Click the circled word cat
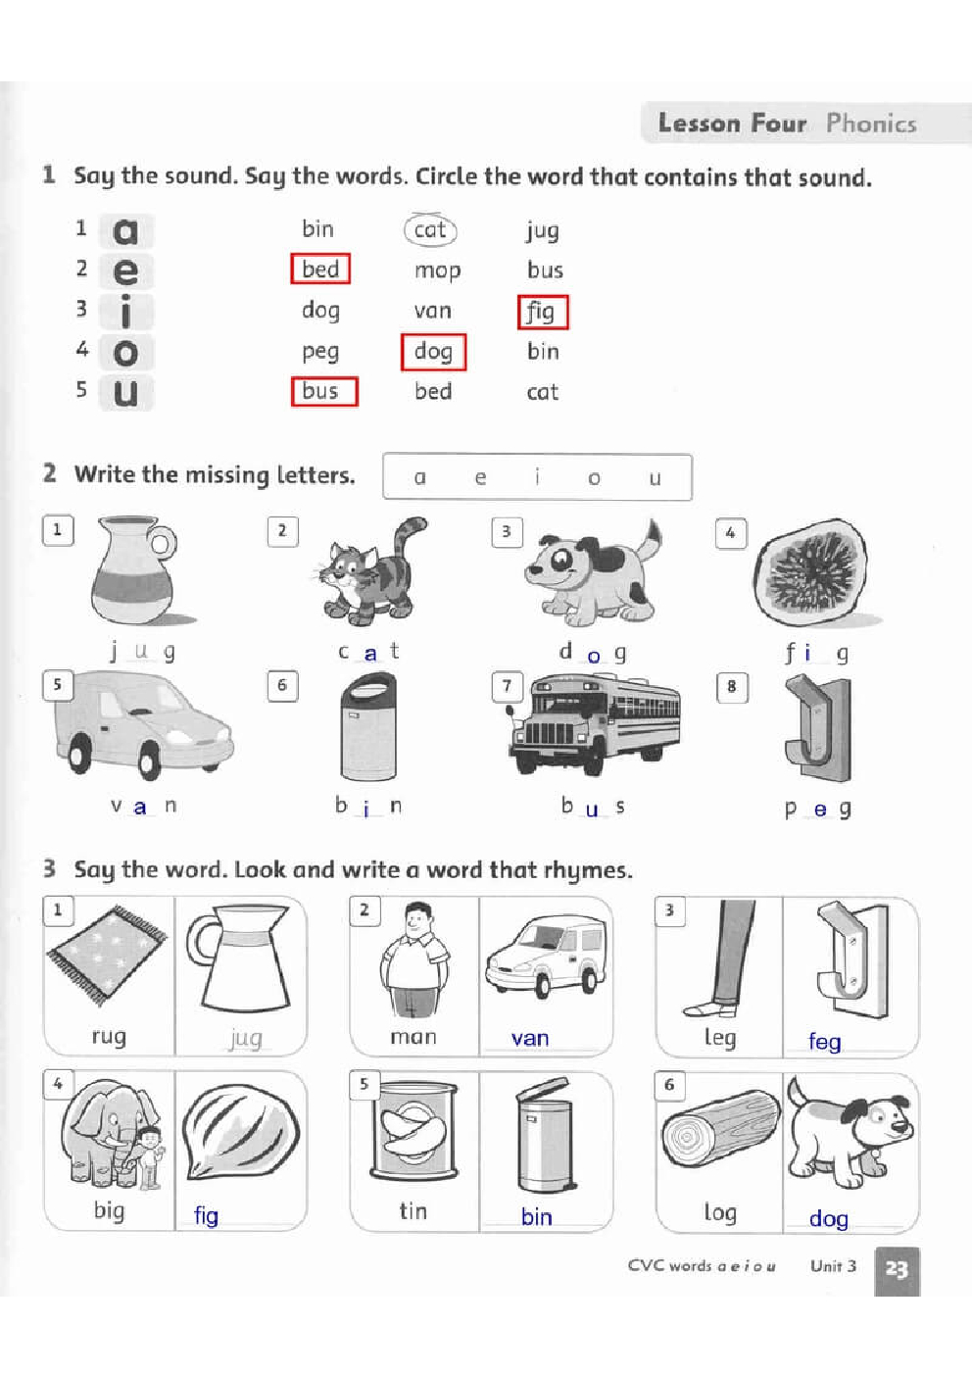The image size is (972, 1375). (x=430, y=229)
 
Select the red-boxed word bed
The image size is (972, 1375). (x=320, y=269)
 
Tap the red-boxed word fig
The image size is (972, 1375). (x=542, y=312)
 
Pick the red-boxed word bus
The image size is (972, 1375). (x=324, y=391)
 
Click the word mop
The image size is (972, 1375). (x=437, y=270)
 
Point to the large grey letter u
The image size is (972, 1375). (x=125, y=393)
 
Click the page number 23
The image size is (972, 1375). (x=897, y=1269)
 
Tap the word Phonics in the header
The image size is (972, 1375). (x=870, y=123)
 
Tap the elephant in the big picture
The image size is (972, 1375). (x=102, y=1132)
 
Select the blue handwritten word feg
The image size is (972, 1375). (x=824, y=1041)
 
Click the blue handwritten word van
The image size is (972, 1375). (x=530, y=1038)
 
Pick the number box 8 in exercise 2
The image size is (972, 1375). (x=731, y=687)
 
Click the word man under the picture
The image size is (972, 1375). (x=413, y=1037)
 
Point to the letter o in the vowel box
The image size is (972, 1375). (x=594, y=478)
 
